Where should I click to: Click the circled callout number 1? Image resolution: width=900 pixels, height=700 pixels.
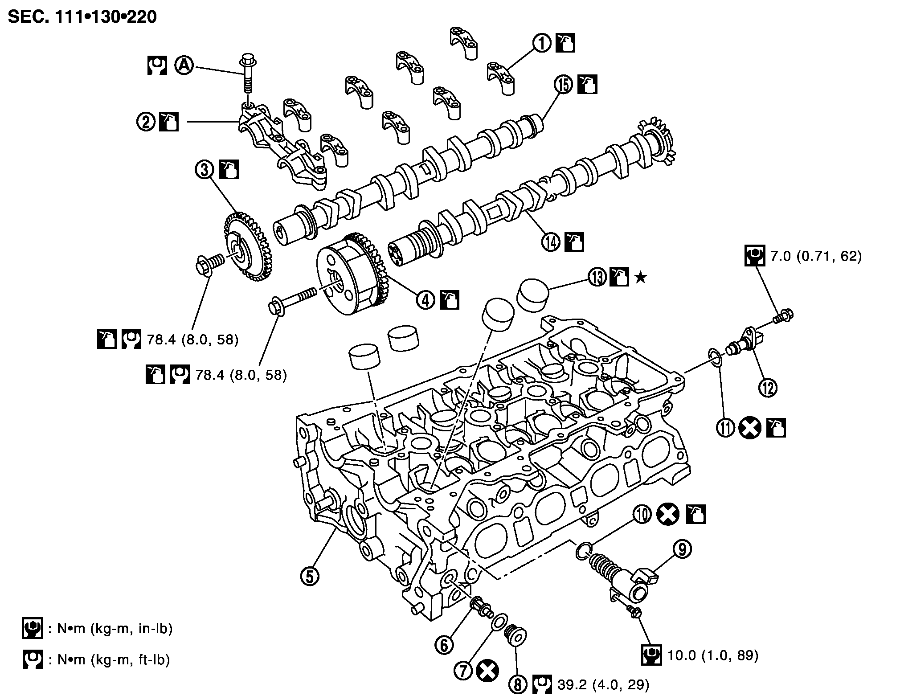(542, 44)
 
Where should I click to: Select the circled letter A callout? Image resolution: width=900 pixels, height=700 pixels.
(184, 66)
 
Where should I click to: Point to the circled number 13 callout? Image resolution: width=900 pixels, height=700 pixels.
(597, 277)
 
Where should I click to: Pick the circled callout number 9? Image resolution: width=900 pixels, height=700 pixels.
(682, 549)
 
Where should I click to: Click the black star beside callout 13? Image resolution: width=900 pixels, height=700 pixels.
(640, 278)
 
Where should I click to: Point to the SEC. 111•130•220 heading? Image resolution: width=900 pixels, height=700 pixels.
(83, 17)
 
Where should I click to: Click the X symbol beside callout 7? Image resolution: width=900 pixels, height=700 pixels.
(487, 671)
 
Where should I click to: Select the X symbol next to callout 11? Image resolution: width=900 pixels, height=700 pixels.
(749, 428)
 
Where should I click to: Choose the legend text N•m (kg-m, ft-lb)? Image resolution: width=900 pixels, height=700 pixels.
(114, 659)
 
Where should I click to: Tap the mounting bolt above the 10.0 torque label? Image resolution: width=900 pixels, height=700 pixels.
(634, 611)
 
